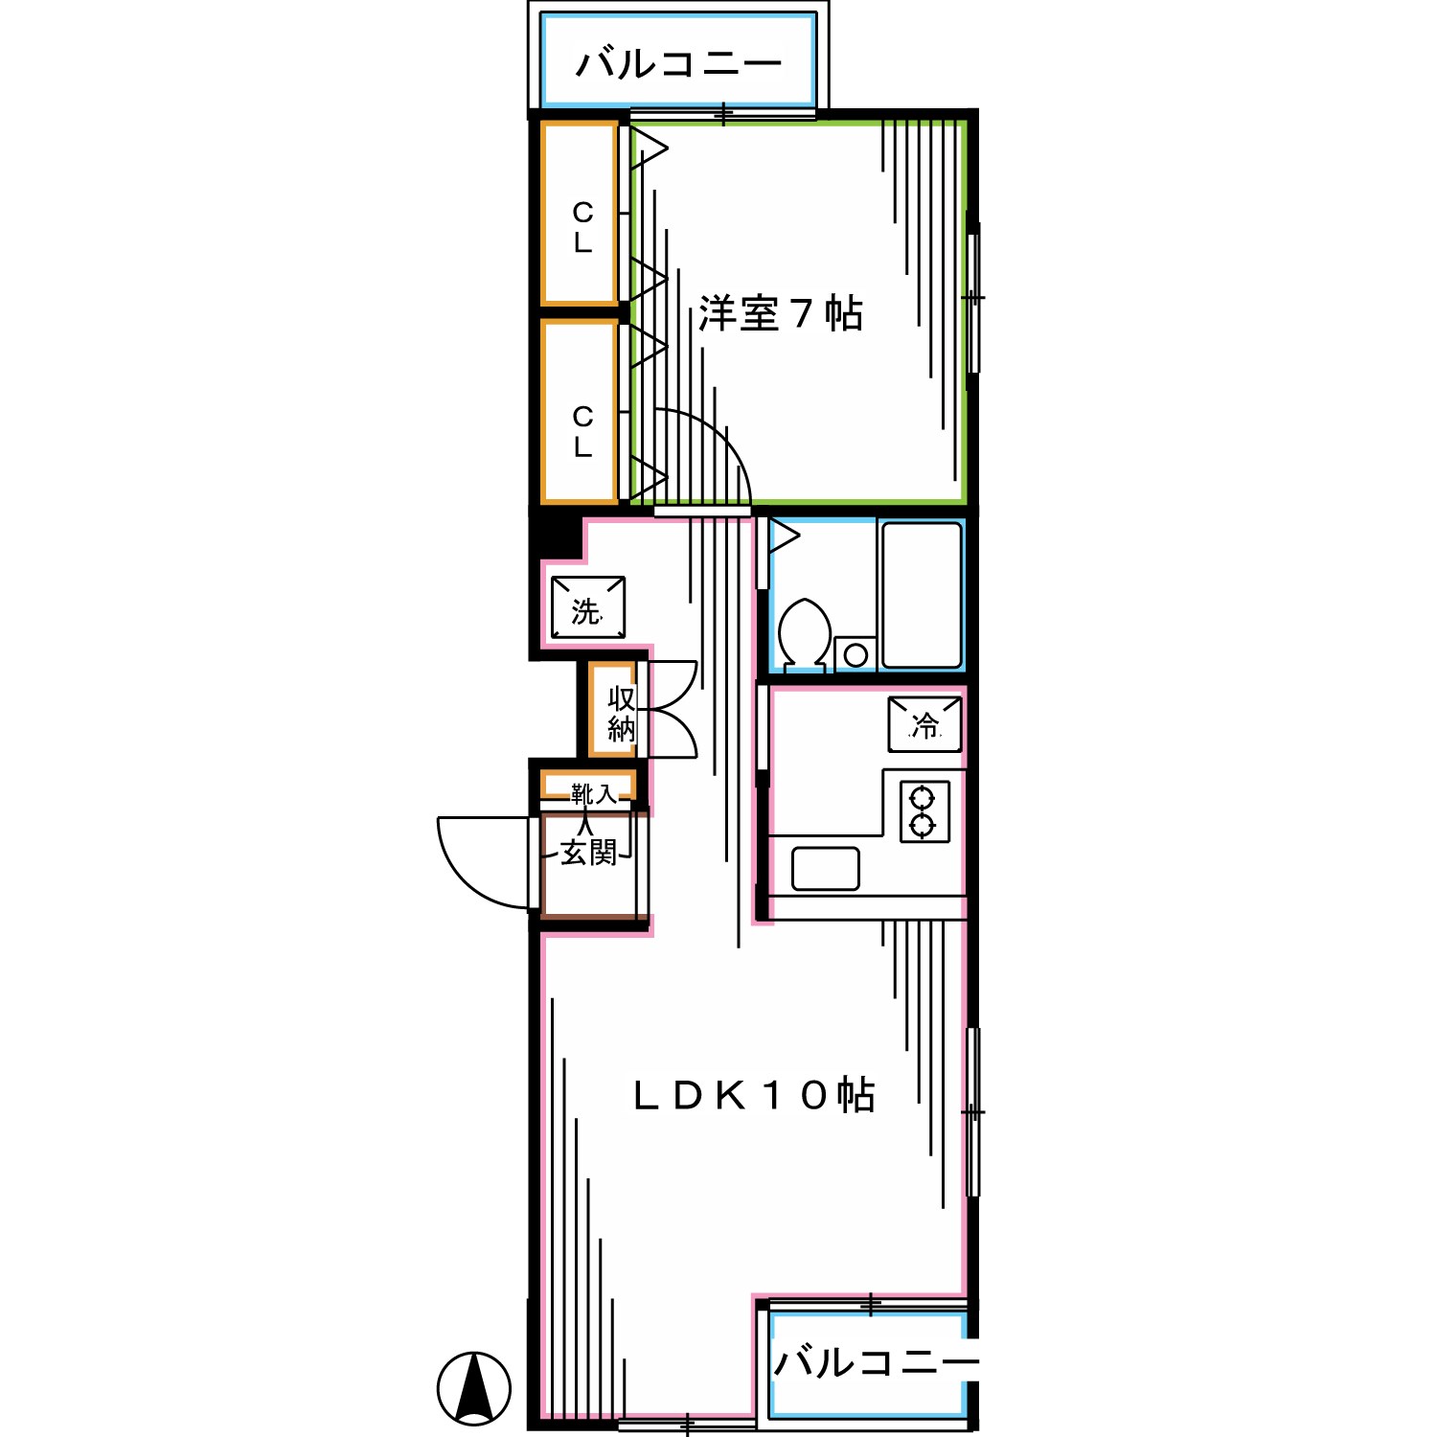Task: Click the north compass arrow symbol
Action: pos(474,1388)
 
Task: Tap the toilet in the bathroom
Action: pos(805,631)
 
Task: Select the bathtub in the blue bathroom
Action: pos(921,594)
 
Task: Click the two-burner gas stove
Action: pos(924,811)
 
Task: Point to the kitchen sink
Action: pos(825,869)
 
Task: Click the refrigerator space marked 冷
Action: pos(924,724)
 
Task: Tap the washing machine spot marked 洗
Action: pos(587,607)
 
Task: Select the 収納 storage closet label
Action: pos(621,714)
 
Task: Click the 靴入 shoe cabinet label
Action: pos(593,793)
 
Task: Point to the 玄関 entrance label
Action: pos(588,852)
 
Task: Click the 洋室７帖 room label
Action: pos(780,313)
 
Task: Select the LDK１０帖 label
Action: pos(753,1094)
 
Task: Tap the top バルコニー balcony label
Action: pos(678,64)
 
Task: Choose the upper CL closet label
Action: pos(582,226)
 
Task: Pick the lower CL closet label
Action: pos(582,431)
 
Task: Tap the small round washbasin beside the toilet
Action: pos(855,654)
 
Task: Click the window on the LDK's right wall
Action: pos(973,1111)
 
